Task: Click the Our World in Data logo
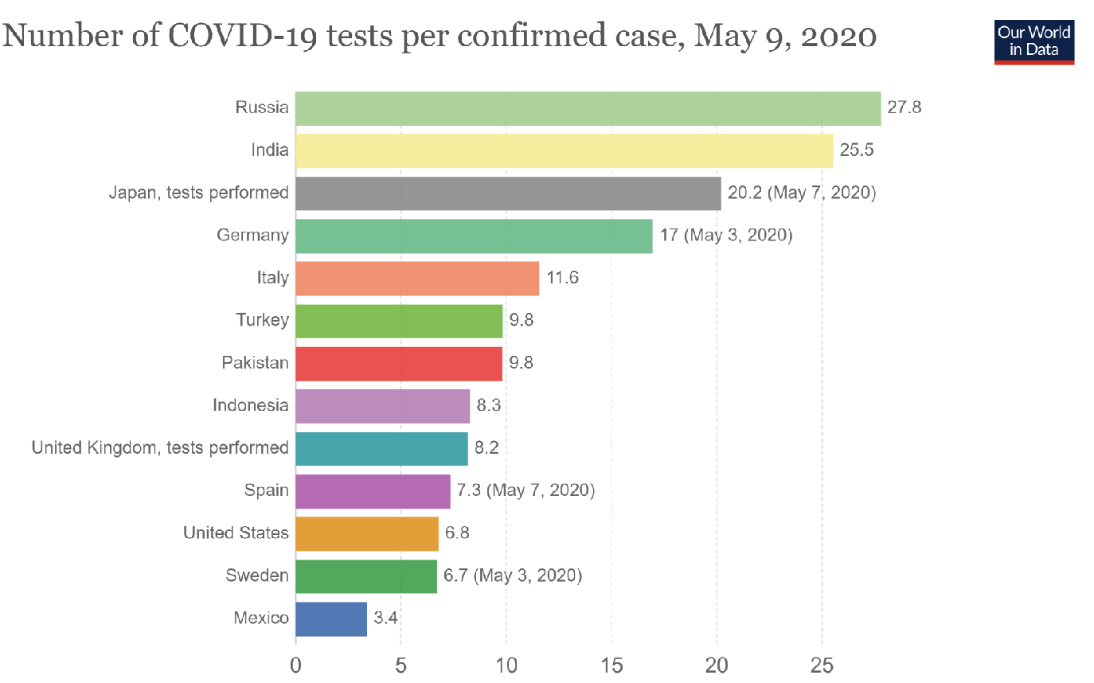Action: (x=1033, y=41)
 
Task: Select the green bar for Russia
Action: (x=588, y=108)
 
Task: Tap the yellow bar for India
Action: (x=564, y=150)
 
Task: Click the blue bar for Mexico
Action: (x=331, y=619)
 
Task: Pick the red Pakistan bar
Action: (x=399, y=364)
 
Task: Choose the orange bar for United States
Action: (x=367, y=533)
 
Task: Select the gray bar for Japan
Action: (x=508, y=193)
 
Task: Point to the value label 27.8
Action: (x=905, y=107)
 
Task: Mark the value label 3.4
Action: (x=386, y=618)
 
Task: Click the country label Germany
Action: (x=252, y=236)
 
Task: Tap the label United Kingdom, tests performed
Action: (x=160, y=448)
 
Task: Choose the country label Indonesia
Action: (x=251, y=405)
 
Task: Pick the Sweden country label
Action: (x=257, y=576)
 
